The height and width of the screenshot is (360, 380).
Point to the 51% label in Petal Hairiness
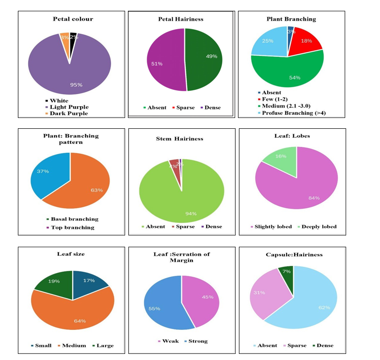157,63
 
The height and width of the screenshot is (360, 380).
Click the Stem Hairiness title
180,139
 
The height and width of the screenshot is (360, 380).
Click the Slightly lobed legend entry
273,227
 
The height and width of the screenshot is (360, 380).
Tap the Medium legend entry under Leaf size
73,345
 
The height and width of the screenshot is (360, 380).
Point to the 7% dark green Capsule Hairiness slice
286,271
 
